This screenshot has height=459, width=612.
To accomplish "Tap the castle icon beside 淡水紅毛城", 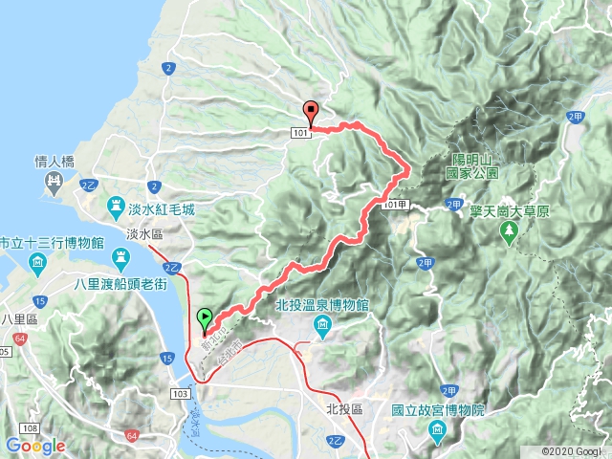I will pos(115,206).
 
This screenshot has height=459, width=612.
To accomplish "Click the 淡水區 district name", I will pos(146,233).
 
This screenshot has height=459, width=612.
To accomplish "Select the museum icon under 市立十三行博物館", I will pos(36,263).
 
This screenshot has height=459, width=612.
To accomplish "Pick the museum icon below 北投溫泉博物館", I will pos(322,328).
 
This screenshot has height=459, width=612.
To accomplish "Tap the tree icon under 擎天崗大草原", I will pos(509,230).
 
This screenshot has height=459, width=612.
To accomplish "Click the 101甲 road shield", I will pos(393,206).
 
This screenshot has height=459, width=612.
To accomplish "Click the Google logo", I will pos(35,446).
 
